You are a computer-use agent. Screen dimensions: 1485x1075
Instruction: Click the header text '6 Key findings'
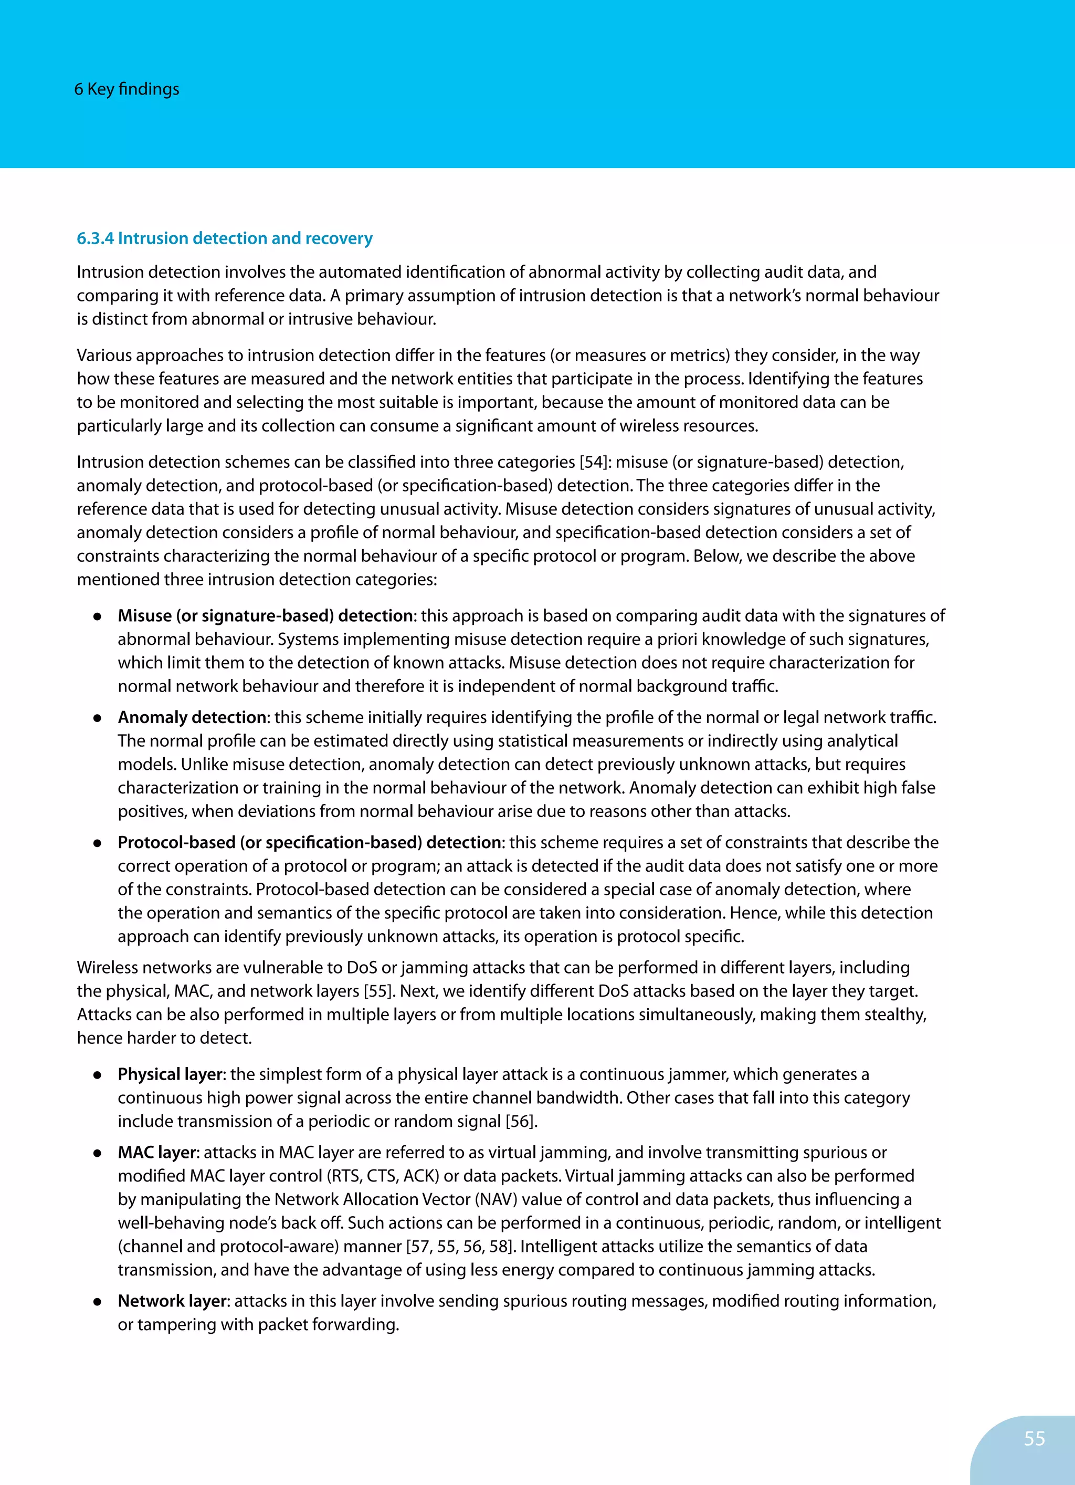[x=127, y=89]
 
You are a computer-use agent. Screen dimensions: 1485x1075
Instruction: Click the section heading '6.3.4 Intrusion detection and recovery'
[x=225, y=238]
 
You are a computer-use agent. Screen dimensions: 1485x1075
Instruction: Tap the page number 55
[x=1035, y=1438]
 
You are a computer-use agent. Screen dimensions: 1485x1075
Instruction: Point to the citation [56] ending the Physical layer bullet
[x=521, y=1122]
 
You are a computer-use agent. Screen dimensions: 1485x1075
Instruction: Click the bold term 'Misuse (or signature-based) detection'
[x=265, y=616]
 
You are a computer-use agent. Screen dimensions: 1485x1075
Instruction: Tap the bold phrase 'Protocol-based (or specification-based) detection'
[x=309, y=843]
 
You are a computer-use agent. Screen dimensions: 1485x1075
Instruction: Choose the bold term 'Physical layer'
[x=170, y=1074]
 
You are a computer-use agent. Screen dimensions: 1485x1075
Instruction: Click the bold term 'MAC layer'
[x=156, y=1153]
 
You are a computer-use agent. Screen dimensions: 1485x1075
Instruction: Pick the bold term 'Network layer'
[x=172, y=1301]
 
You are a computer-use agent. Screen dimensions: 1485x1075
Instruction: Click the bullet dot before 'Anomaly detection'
[x=97, y=718]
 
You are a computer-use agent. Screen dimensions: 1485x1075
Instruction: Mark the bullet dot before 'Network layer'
[x=97, y=1302]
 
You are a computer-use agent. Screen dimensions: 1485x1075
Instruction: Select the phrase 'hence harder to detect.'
[x=164, y=1039]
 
